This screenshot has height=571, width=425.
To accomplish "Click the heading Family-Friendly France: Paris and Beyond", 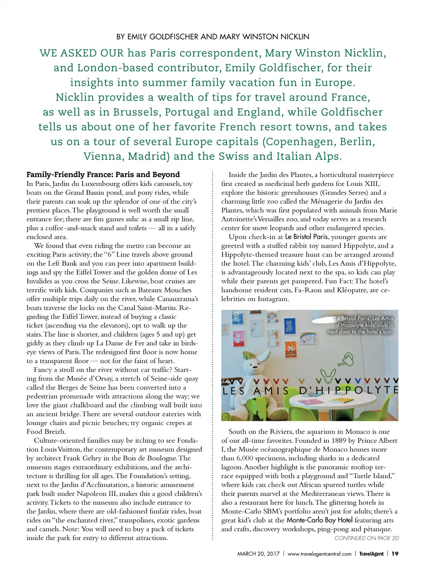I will click(x=103, y=174).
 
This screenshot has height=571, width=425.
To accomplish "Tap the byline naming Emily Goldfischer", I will click(x=212, y=37).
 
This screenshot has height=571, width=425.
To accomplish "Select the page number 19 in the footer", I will click(x=395, y=554).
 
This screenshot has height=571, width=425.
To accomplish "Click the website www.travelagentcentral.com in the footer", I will click(x=319, y=554).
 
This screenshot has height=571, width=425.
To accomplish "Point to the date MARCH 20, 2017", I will click(x=258, y=554).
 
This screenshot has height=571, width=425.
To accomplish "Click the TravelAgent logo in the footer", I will click(x=371, y=554).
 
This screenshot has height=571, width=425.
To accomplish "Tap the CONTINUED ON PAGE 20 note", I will click(x=366, y=538).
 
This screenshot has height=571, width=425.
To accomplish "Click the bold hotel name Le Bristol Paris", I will click(x=306, y=237).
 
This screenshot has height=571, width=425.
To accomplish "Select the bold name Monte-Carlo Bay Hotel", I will click(x=319, y=520).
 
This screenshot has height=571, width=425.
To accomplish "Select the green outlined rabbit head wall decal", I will click(x=328, y=376).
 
